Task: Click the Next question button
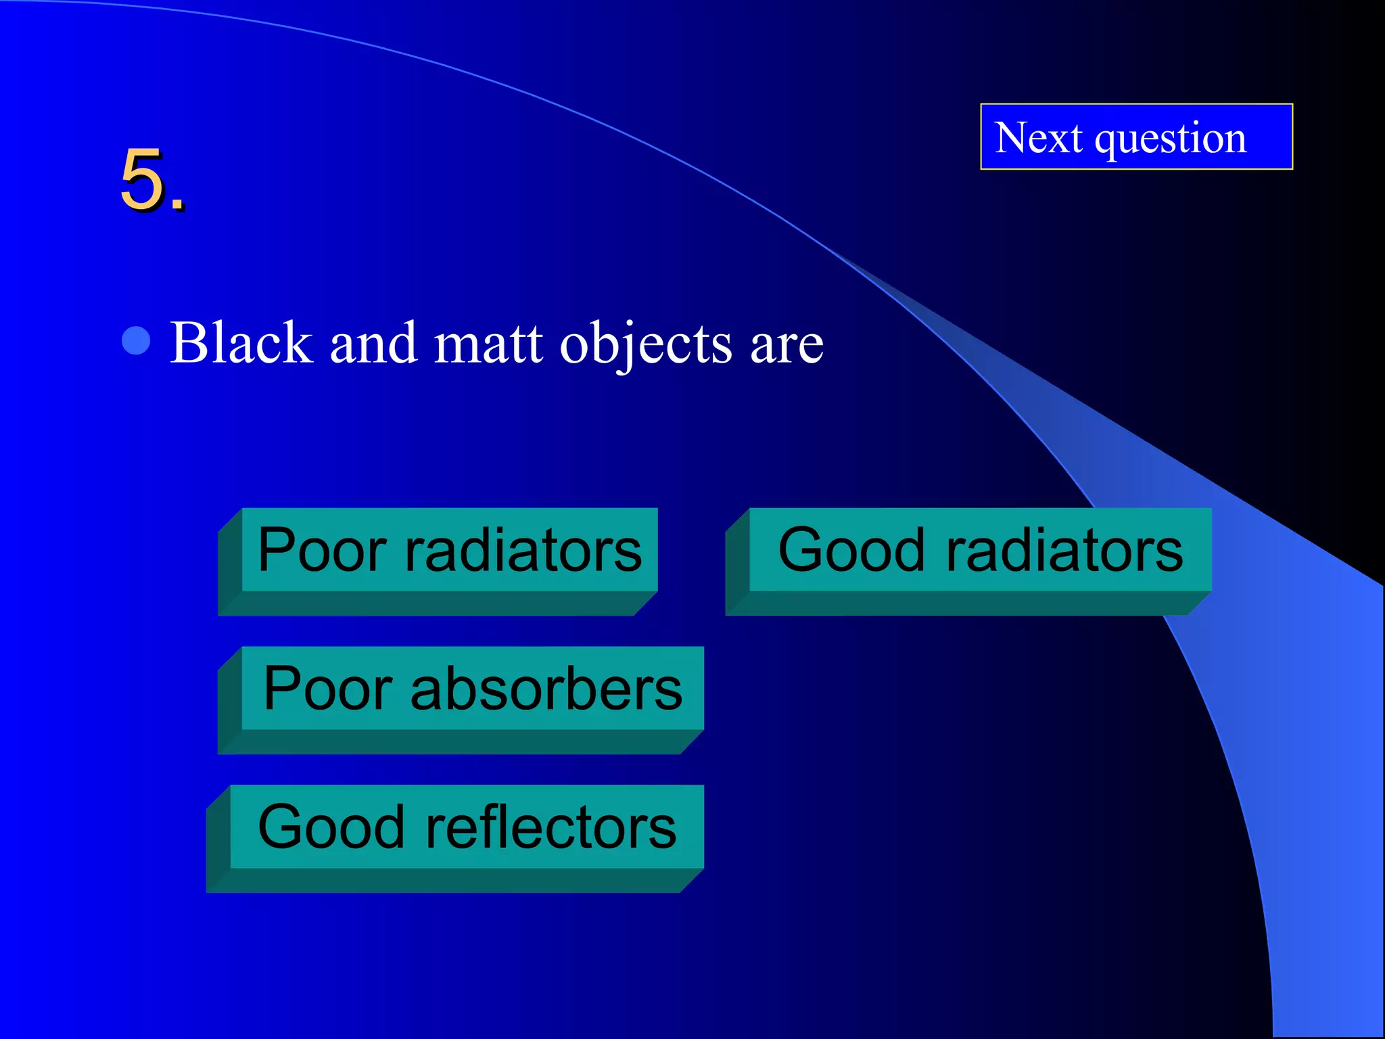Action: pyautogui.click(x=1136, y=137)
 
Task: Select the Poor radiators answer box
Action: pyautogui.click(x=450, y=550)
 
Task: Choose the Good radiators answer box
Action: pyautogui.click(x=980, y=550)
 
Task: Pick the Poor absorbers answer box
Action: pyautogui.click(x=473, y=689)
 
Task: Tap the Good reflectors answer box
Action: pyautogui.click(x=467, y=827)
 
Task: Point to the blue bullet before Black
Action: pyautogui.click(x=136, y=341)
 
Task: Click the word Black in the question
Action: pyautogui.click(x=241, y=343)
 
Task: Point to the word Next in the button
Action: pyautogui.click(x=1038, y=138)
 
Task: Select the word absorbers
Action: pyautogui.click(x=546, y=689)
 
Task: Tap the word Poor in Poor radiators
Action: pyautogui.click(x=323, y=550)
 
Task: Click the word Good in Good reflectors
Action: pyautogui.click(x=331, y=827)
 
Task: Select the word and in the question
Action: pyautogui.click(x=373, y=343)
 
